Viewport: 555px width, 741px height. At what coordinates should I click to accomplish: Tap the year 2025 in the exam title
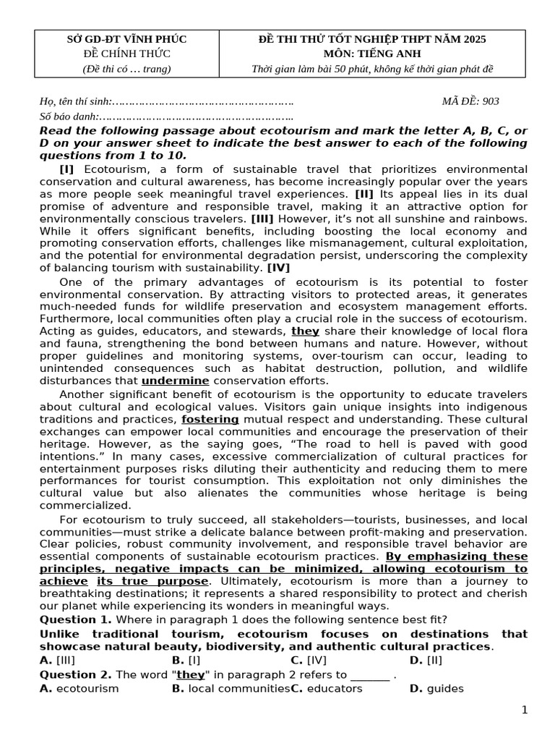pos(473,39)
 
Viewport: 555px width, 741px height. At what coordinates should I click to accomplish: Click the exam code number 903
pos(490,101)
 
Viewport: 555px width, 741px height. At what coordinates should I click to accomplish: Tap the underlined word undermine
pos(175,381)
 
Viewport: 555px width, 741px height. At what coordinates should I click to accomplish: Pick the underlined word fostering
pos(210,419)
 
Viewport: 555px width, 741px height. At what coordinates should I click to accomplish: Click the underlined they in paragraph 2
pos(305,331)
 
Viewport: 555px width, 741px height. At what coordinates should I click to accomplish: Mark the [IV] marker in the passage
pos(278,268)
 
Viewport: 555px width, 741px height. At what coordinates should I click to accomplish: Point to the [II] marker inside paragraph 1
pos(364,194)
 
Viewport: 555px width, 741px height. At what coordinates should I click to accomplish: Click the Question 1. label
pos(76,619)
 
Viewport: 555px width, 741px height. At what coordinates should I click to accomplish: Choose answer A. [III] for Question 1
pos(57,659)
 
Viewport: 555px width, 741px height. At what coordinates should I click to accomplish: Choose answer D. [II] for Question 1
pos(426,659)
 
